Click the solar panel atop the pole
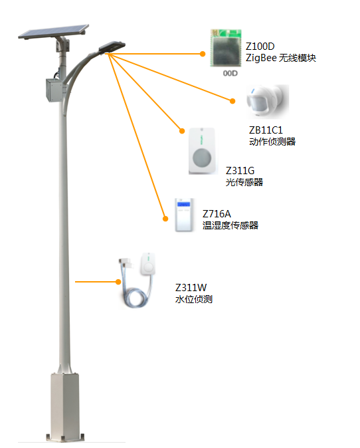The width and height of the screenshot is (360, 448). coord(54,31)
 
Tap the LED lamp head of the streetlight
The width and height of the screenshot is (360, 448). coord(112,47)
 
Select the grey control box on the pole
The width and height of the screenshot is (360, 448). coord(55,90)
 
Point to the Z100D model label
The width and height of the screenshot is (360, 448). coord(260,47)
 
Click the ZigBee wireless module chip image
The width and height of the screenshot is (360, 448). coord(226,48)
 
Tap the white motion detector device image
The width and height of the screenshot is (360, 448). coord(268,102)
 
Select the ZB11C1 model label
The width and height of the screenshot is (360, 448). coord(266,130)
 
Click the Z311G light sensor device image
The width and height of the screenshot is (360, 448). coord(201,151)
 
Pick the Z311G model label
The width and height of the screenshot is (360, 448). coord(240,171)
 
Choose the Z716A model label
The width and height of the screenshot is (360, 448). coord(217,214)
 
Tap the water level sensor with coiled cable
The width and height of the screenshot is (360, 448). coord(137,280)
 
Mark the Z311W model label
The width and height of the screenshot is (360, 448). coord(191,287)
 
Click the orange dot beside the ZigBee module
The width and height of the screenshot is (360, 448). coord(203,54)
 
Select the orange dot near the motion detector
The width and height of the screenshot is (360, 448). coord(232,101)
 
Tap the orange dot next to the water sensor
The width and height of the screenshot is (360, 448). coord(118,282)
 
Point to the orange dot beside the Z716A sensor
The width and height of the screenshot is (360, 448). coord(165,219)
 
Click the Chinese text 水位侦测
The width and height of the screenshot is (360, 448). coord(194,299)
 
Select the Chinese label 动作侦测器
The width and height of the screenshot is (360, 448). coord(272,142)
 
